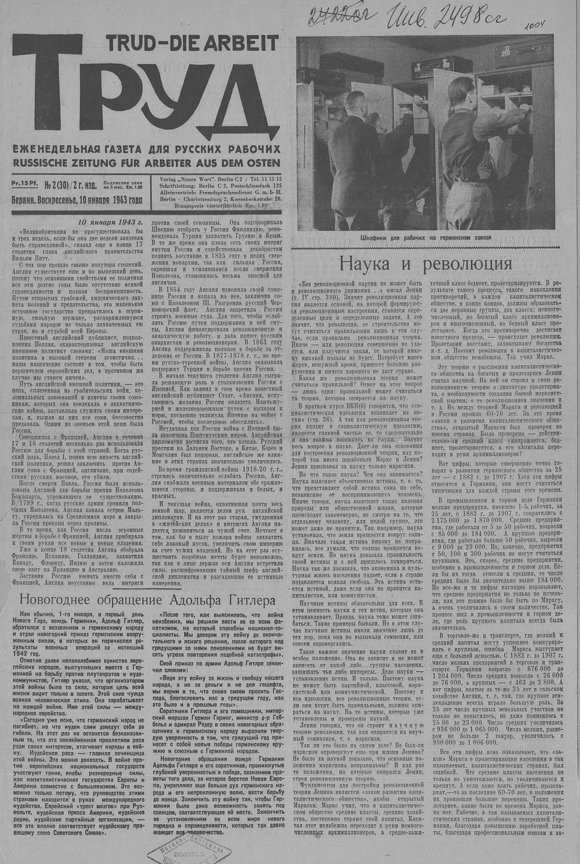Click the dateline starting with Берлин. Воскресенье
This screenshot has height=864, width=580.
[77, 201]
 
